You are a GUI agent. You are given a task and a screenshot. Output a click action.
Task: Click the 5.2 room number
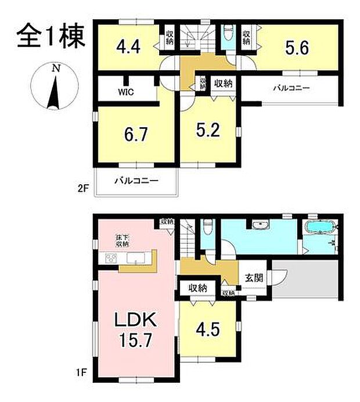tap(207, 131)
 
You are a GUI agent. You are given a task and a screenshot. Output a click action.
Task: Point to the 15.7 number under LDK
tap(137, 340)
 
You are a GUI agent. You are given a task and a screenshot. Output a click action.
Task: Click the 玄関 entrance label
tap(253, 278)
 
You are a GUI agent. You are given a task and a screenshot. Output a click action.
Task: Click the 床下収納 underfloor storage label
tap(121, 241)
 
